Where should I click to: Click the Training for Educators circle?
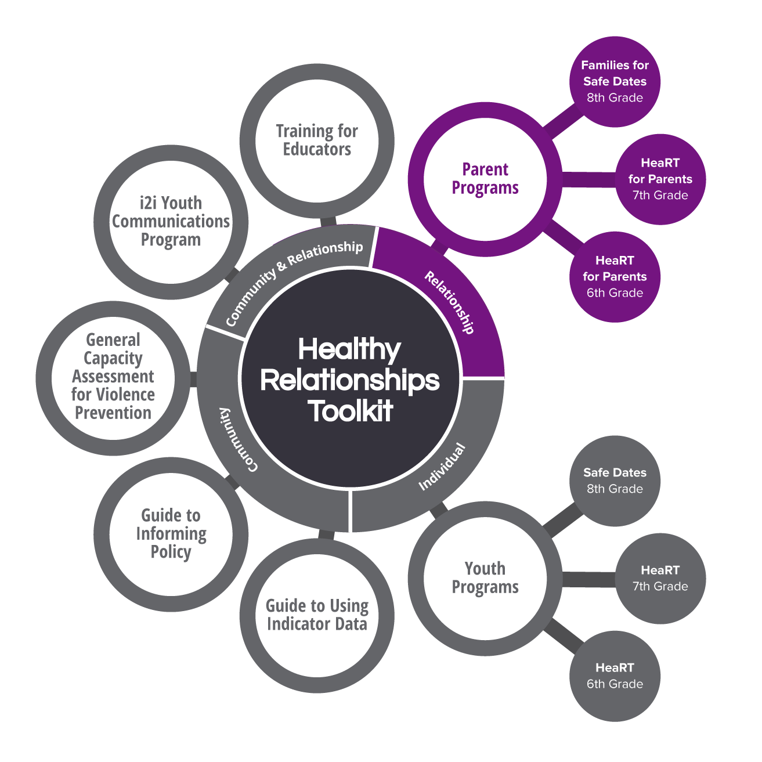pyautogui.click(x=317, y=140)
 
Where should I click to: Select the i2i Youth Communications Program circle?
pyautogui.click(x=171, y=222)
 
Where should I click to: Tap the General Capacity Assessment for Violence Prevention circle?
pyautogui.click(x=113, y=377)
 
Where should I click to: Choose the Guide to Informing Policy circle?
pyautogui.click(x=171, y=534)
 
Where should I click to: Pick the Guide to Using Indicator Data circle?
pyautogui.click(x=317, y=615)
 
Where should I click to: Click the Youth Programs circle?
pyautogui.click(x=485, y=578)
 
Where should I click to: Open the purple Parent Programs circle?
pyautogui.click(x=485, y=179)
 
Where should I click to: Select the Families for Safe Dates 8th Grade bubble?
pyautogui.click(x=615, y=81)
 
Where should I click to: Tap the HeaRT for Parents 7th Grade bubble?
pyautogui.click(x=660, y=179)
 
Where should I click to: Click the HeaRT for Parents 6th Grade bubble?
pyautogui.click(x=615, y=276)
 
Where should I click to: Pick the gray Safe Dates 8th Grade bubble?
pyautogui.click(x=615, y=481)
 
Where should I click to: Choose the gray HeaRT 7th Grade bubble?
pyautogui.click(x=660, y=578)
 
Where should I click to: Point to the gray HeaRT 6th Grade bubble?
pyautogui.click(x=615, y=676)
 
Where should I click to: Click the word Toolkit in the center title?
pyautogui.click(x=351, y=411)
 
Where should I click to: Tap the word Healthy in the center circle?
pyautogui.click(x=349, y=349)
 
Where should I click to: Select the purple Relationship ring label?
pyautogui.click(x=450, y=302)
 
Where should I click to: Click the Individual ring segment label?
pyautogui.click(x=442, y=466)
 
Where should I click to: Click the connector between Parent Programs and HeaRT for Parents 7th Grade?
pyautogui.click(x=587, y=179)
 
